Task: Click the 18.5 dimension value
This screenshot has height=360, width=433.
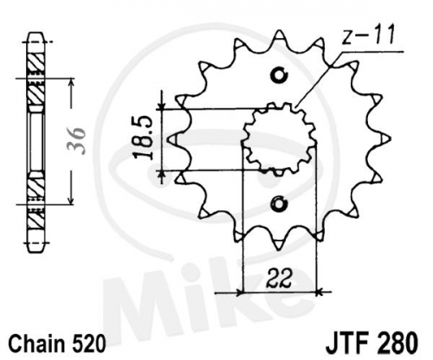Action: point(144,138)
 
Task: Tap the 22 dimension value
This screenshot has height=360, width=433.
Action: point(279,279)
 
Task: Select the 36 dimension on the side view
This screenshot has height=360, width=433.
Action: point(76,140)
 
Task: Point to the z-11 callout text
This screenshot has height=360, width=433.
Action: point(368,35)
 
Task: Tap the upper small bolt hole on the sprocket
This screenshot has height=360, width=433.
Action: point(279,75)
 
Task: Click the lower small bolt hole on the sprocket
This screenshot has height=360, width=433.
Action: point(279,204)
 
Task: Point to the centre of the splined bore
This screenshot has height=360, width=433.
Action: point(279,139)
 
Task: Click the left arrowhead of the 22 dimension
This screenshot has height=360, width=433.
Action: point(240,292)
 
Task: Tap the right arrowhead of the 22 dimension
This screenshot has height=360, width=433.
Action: point(318,292)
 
